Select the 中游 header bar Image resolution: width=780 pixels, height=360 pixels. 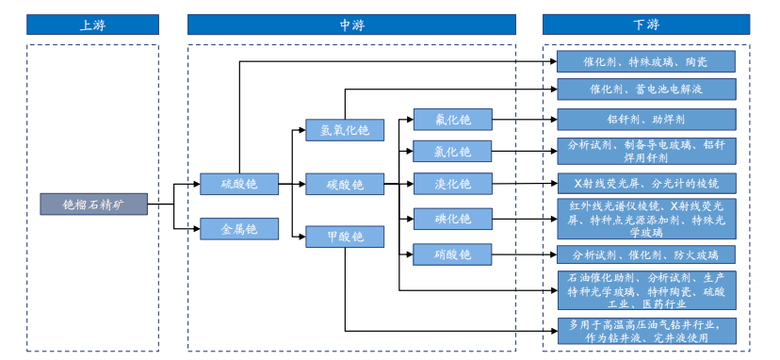[x=351, y=25]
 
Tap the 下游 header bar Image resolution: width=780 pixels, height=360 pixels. [x=645, y=25]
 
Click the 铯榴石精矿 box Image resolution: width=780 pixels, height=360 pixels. [x=94, y=204]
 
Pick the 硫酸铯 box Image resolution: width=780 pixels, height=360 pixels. [x=238, y=184]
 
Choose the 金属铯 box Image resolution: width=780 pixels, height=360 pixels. [x=238, y=228]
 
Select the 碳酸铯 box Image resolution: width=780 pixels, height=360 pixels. [x=344, y=184]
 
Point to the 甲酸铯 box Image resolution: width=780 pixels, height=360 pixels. [x=344, y=237]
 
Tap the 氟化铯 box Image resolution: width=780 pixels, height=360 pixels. [x=451, y=120]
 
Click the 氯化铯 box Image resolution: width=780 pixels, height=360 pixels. [x=451, y=151]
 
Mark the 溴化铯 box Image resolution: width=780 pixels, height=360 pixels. [x=451, y=183]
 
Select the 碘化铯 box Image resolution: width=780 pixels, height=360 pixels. [x=451, y=219]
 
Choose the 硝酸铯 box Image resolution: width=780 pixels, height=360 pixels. [x=451, y=254]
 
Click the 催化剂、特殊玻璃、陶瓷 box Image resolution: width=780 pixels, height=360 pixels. [x=645, y=62]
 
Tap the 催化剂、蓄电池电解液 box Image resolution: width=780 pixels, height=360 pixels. [x=645, y=90]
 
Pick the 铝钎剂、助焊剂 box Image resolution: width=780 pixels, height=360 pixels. [x=645, y=120]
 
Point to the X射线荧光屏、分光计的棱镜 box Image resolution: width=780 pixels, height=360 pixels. [x=645, y=183]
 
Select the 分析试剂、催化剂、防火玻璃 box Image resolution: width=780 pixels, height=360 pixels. [x=645, y=254]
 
